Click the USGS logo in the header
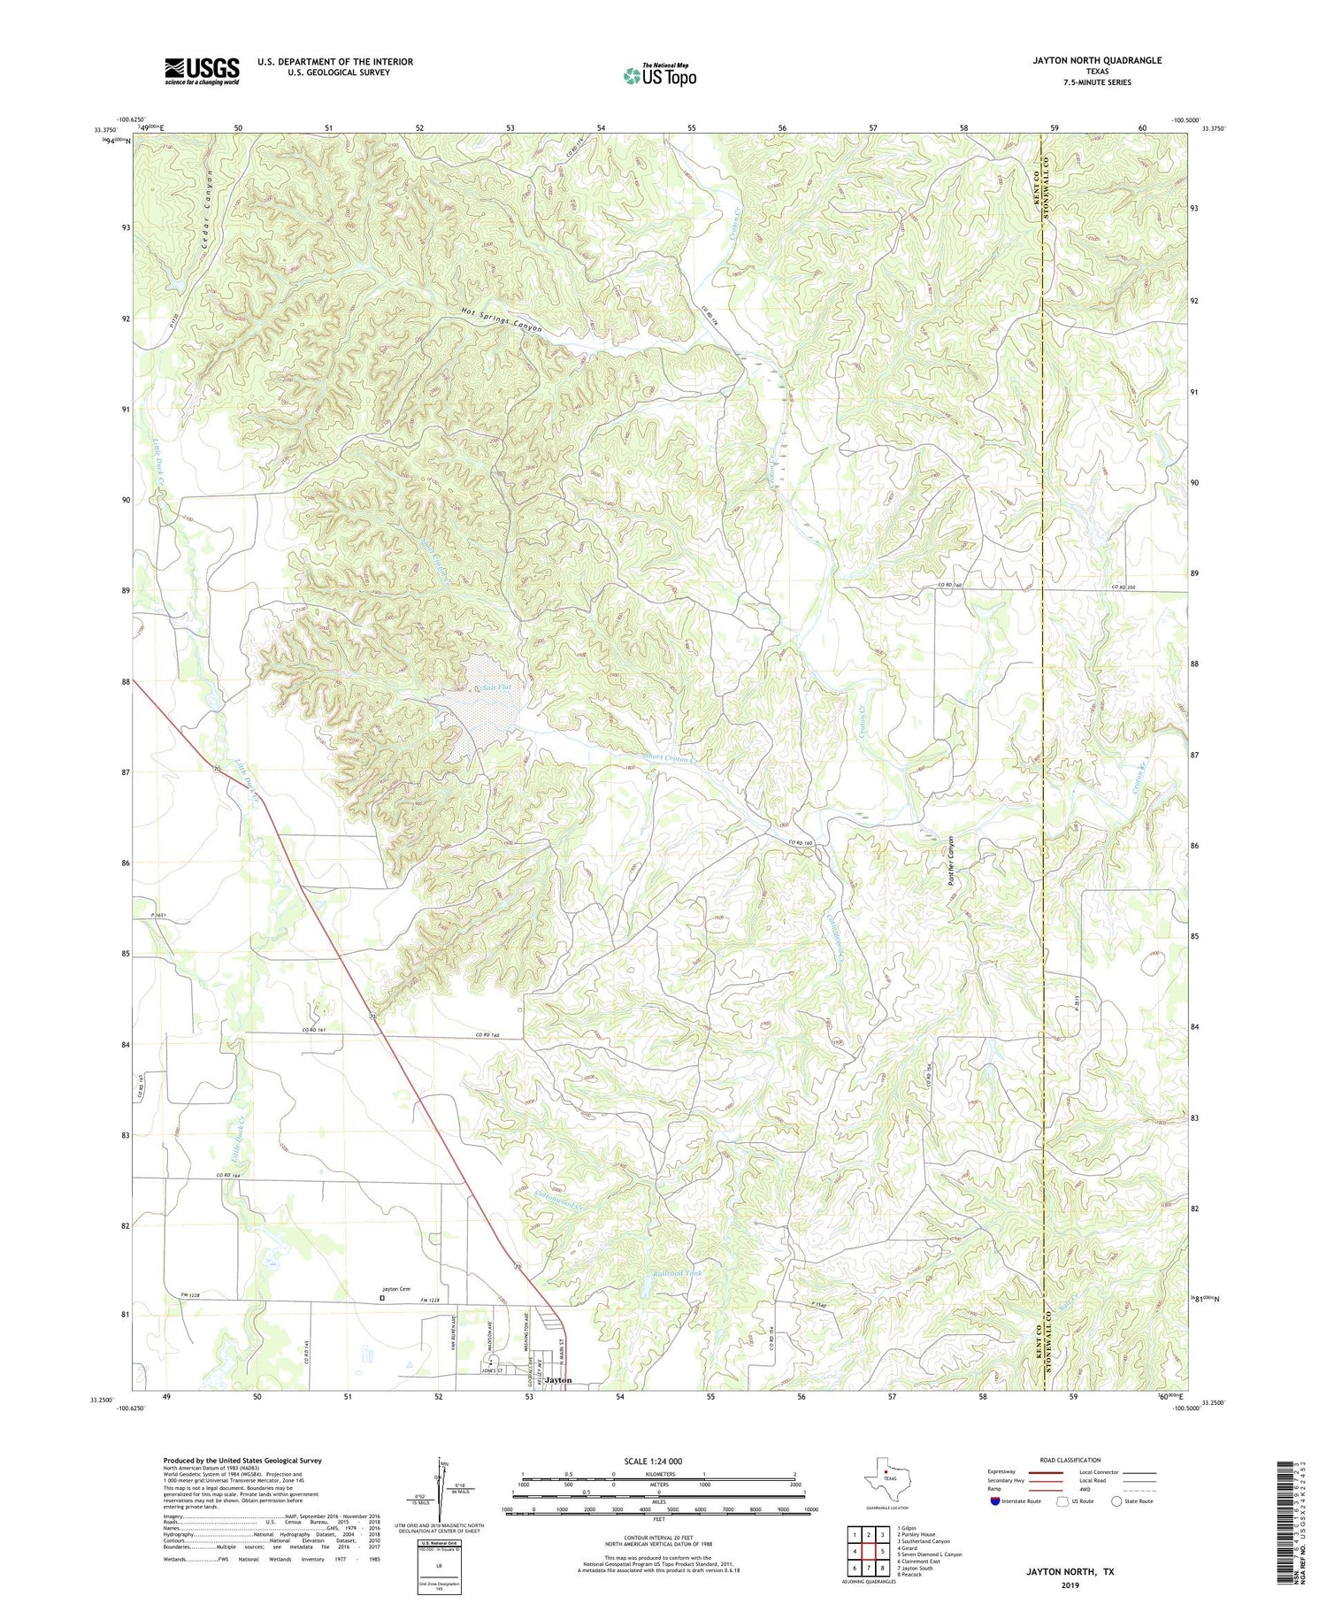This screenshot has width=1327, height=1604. pos(202,71)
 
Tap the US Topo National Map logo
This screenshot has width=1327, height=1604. pos(659,75)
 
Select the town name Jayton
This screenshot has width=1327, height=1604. pos(558,1380)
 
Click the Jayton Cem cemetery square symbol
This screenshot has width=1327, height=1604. pos(382,1299)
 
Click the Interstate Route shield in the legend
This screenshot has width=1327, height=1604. pos(995,1501)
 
